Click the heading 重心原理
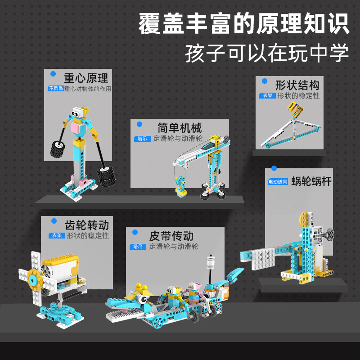[86, 78]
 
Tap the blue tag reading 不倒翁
[56, 88]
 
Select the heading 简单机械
[180, 128]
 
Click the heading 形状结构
[297, 85]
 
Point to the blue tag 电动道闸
[278, 182]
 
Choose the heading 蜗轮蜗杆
[311, 181]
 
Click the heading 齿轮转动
[87, 225]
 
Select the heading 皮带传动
[171, 236]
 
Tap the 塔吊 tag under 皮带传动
[138, 247]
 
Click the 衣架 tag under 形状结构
[267, 95]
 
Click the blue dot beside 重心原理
[53, 74]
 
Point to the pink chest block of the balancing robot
[76, 129]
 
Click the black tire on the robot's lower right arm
[106, 176]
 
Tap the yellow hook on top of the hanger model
[296, 109]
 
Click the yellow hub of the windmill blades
[35, 279]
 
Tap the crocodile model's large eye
[143, 299]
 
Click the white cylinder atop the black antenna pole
[211, 262]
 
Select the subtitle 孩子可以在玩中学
[267, 53]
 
